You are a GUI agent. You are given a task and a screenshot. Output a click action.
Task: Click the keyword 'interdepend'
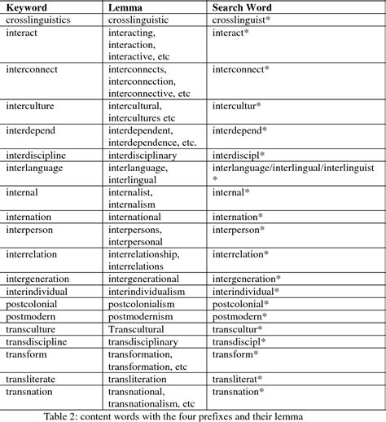[34, 130]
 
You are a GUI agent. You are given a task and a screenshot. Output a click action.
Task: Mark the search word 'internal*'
[231, 192]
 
